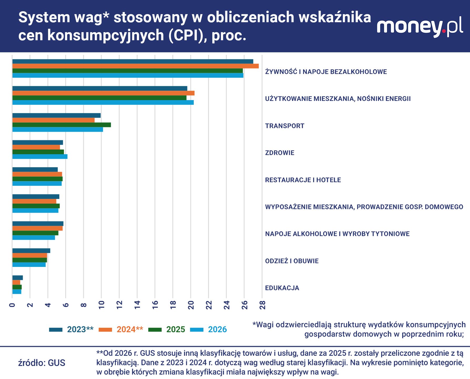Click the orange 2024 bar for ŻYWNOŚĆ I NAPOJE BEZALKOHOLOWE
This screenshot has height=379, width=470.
(135, 66)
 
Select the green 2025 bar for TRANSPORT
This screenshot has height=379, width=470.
(62, 125)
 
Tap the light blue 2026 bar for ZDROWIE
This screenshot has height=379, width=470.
(40, 157)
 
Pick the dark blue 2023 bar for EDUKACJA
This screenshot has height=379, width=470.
(18, 278)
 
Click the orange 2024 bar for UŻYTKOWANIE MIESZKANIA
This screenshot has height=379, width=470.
(103, 93)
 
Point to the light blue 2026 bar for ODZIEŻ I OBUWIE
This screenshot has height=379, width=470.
(29, 265)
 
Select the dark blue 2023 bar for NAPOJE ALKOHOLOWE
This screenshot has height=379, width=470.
(38, 224)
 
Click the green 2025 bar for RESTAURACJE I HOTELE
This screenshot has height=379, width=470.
(37, 179)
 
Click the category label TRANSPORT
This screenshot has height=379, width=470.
(284, 126)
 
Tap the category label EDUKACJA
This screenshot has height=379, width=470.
(282, 288)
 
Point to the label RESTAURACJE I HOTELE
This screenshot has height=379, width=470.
(303, 180)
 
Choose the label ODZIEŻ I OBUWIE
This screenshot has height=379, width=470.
(292, 261)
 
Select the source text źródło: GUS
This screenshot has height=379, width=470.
(42, 363)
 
